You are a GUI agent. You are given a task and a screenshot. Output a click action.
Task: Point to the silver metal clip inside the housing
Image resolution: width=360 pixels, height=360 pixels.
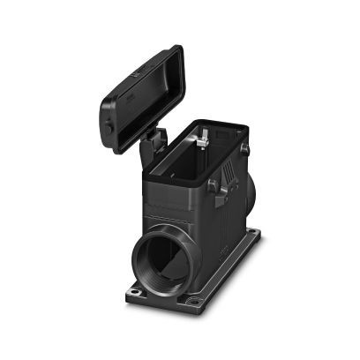click(203, 138)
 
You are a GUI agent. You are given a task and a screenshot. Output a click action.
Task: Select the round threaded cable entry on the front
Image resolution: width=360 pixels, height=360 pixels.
click(164, 259)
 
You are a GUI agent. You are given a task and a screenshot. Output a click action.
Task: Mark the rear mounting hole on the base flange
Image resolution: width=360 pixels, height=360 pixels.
click(256, 234)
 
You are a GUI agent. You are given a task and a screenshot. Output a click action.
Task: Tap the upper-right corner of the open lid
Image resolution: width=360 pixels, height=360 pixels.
click(178, 51)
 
